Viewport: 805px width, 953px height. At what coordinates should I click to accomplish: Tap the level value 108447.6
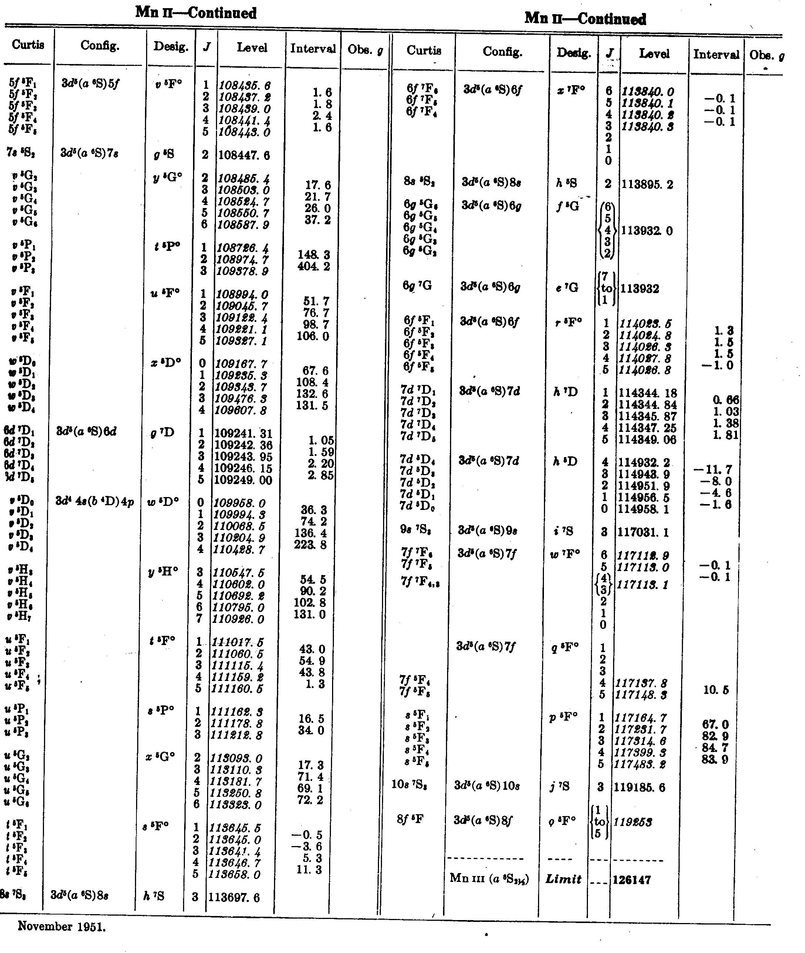tap(244, 155)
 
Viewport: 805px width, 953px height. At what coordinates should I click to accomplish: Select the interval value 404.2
tap(314, 266)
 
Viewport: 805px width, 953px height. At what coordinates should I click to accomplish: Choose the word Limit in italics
tap(564, 879)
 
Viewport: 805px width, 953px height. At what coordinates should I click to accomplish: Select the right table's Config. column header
tap(502, 52)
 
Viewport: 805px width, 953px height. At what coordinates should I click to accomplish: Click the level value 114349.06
tap(647, 439)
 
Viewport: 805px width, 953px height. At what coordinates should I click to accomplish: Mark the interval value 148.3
tap(314, 254)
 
